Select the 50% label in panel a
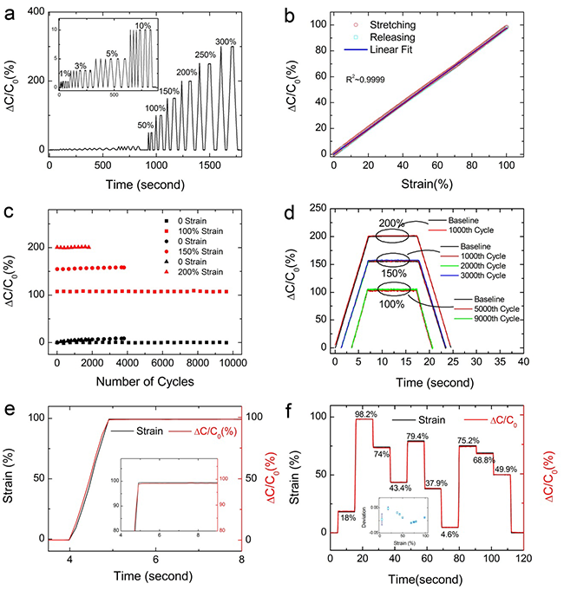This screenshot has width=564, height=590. [146, 126]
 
